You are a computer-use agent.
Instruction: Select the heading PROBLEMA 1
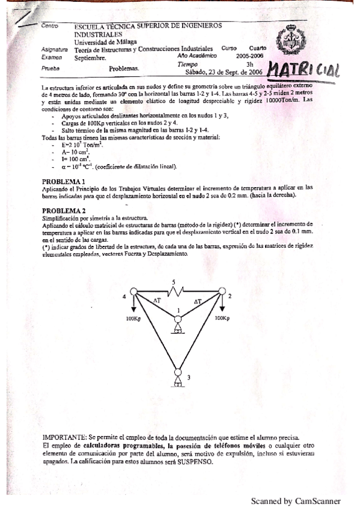coord(63,181)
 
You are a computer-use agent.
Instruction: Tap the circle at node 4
coord(133,292)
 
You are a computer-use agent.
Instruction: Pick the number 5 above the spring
coord(174,281)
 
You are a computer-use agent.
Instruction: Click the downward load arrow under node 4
coord(133,305)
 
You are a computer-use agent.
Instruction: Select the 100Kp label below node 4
coord(133,319)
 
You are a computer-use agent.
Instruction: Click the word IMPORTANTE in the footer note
coord(64,435)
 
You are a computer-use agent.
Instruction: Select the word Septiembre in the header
coord(91,58)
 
